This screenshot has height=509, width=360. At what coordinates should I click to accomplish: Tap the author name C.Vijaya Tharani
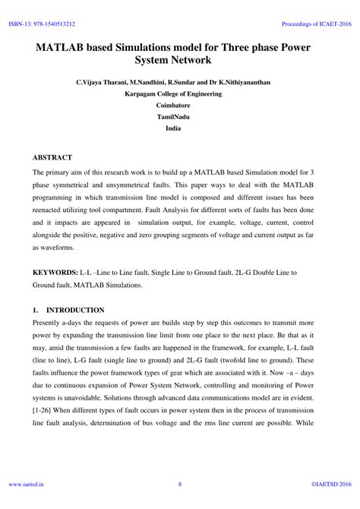[101, 81]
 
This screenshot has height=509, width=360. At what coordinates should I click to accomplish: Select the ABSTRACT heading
[52, 157]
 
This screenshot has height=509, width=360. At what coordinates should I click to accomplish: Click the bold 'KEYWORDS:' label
[55, 272]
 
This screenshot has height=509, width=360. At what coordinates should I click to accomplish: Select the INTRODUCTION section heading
[76, 311]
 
